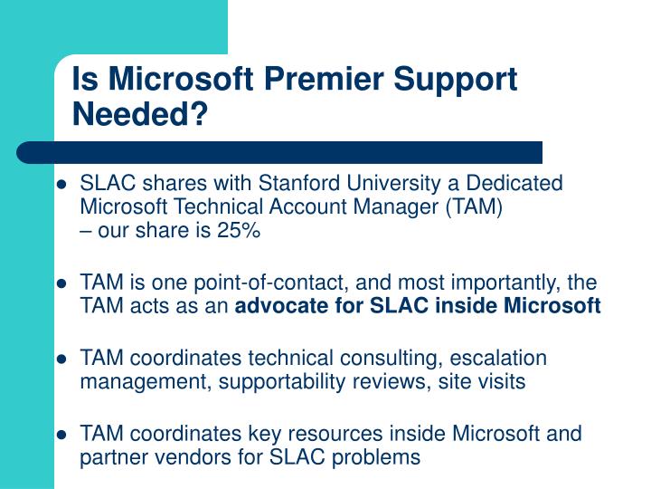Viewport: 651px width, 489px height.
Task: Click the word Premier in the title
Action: point(324,79)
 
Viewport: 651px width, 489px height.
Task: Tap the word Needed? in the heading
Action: point(140,114)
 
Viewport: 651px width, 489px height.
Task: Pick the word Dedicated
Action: point(514,183)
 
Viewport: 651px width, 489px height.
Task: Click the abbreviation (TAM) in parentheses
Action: point(474,207)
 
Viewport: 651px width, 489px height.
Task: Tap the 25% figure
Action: point(239,230)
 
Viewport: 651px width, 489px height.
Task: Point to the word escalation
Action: point(498,358)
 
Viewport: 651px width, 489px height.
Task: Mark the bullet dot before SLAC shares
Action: point(61,184)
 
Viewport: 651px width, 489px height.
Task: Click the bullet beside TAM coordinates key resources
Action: point(61,435)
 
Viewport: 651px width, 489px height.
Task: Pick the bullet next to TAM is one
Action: point(61,283)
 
